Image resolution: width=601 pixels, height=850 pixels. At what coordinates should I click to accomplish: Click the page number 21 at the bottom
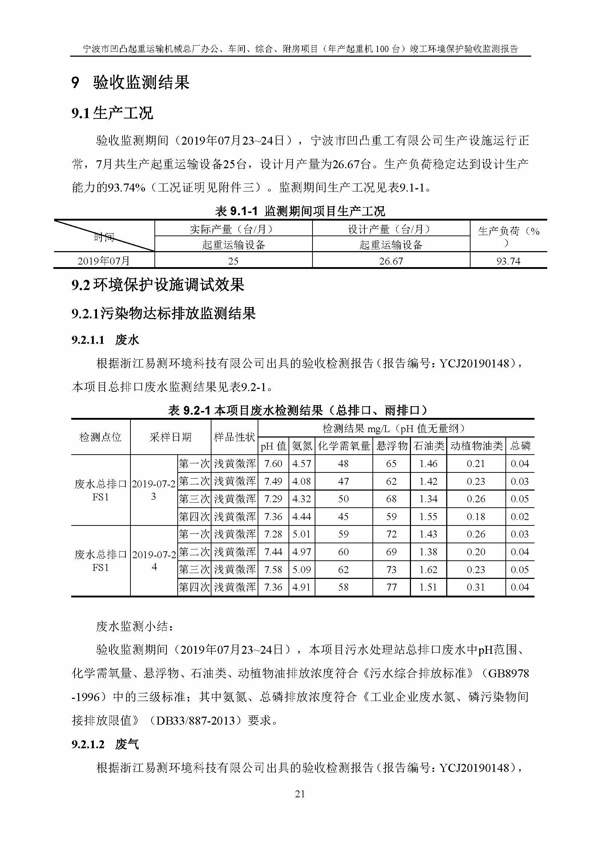(x=300, y=794)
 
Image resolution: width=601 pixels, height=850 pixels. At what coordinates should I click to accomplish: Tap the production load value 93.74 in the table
(x=508, y=261)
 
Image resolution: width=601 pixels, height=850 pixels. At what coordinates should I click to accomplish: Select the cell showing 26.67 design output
(x=391, y=261)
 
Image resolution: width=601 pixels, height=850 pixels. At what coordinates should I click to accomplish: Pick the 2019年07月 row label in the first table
(x=104, y=261)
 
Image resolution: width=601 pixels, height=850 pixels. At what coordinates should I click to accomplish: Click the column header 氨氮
(x=302, y=446)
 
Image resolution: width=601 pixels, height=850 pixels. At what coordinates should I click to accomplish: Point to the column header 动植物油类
(x=476, y=446)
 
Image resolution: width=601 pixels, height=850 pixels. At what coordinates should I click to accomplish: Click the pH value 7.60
(x=273, y=463)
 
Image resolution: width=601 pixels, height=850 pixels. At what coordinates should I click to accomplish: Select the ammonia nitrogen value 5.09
(x=302, y=569)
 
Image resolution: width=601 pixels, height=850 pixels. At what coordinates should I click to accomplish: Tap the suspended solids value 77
(x=391, y=587)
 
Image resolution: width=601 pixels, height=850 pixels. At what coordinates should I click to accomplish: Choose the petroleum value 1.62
(x=428, y=569)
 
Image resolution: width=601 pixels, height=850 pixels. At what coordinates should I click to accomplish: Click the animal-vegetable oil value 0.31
(x=476, y=587)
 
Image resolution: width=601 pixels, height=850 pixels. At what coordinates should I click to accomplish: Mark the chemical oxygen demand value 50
(x=343, y=499)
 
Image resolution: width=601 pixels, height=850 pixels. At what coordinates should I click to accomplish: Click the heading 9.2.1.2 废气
(x=105, y=745)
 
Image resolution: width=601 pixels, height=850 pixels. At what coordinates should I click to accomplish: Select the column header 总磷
(x=520, y=446)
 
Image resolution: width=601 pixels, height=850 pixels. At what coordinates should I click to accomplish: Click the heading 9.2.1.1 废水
(x=105, y=339)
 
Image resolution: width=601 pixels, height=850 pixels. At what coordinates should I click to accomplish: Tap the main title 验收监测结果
(x=141, y=82)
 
